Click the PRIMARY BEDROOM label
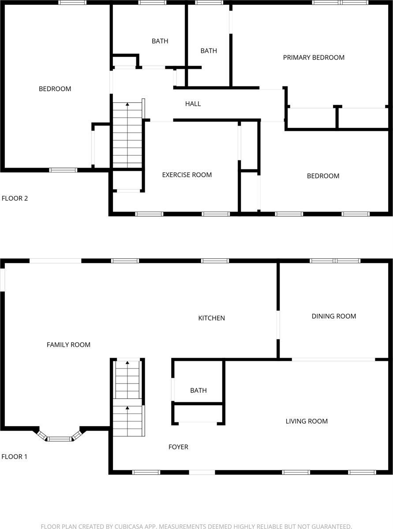click(x=314, y=57)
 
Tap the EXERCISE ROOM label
click(x=187, y=175)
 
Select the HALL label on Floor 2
click(x=193, y=104)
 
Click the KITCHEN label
click(x=211, y=318)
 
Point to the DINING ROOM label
click(x=333, y=316)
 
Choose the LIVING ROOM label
click(x=307, y=421)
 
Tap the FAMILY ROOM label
click(x=68, y=345)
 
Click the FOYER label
click(x=178, y=447)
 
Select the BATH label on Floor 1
click(x=198, y=390)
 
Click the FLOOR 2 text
click(x=15, y=198)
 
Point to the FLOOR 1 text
click(x=15, y=457)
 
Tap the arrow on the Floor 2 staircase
click(x=127, y=104)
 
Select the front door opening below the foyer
click(x=202, y=472)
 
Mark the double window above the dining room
click(x=335, y=261)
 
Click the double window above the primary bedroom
click(x=340, y=3)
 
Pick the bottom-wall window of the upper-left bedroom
click(x=63, y=170)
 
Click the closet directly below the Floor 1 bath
click(x=198, y=414)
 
